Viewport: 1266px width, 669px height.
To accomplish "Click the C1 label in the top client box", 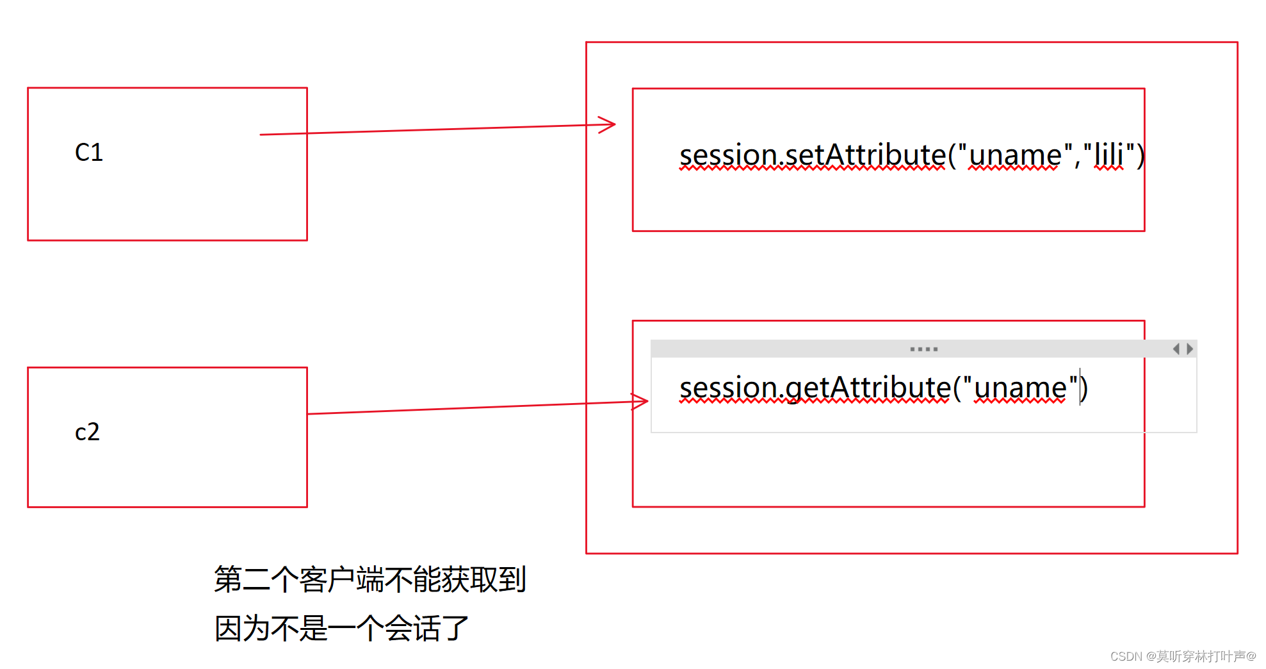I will pos(89,153).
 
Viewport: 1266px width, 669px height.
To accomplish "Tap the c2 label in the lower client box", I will pos(87,432).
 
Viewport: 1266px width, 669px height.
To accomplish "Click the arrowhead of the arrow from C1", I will pos(608,124).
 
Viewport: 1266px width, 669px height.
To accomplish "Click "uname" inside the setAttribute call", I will pos(1015,155).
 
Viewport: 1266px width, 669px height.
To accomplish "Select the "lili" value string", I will pos(1108,155).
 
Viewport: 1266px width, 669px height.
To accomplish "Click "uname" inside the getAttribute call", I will pos(1021,388).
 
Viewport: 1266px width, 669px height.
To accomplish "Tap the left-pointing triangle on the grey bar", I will pos(1176,349).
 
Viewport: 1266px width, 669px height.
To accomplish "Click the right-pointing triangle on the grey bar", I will pos(1190,349).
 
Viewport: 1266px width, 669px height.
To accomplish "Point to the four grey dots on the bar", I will pos(923,349).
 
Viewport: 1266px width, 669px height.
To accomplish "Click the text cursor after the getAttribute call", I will pos(1080,386).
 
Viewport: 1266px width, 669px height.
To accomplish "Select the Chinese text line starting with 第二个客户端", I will pos(370,579).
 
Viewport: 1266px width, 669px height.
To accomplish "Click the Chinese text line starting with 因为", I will pos(341,628).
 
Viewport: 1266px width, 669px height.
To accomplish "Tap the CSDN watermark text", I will pos(1183,656).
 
